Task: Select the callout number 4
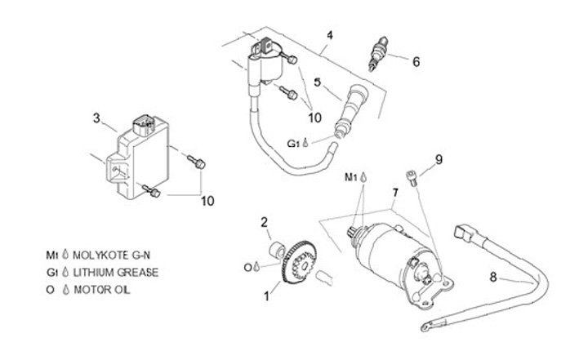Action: (x=329, y=35)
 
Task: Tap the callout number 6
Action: (x=416, y=60)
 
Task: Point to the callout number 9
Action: (x=438, y=160)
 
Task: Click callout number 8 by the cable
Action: (x=493, y=276)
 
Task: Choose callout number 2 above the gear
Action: (x=265, y=221)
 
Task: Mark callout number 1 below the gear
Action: (x=265, y=296)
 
